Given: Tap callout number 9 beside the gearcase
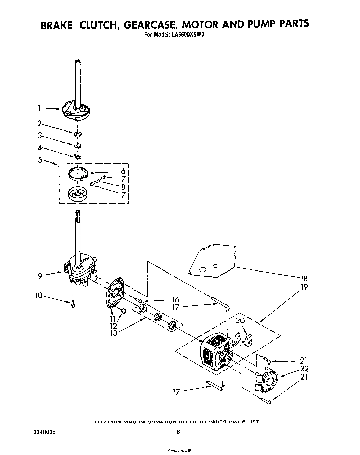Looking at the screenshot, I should click(x=40, y=276).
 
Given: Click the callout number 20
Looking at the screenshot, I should click(x=240, y=321).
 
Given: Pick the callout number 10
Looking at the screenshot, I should click(x=39, y=296).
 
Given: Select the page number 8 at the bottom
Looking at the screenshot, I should click(x=178, y=432).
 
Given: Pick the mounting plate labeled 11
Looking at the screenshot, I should click(x=114, y=293).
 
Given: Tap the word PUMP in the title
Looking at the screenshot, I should click(x=260, y=24).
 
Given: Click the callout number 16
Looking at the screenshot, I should click(x=175, y=299).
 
